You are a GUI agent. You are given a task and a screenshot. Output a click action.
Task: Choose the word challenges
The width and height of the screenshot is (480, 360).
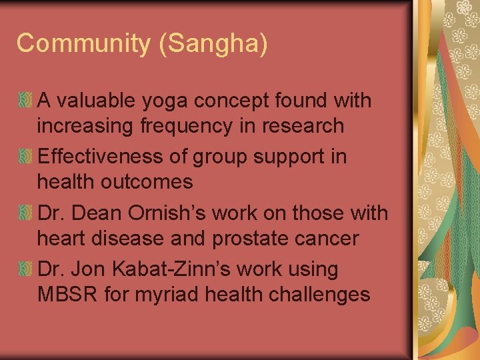click(x=319, y=294)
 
